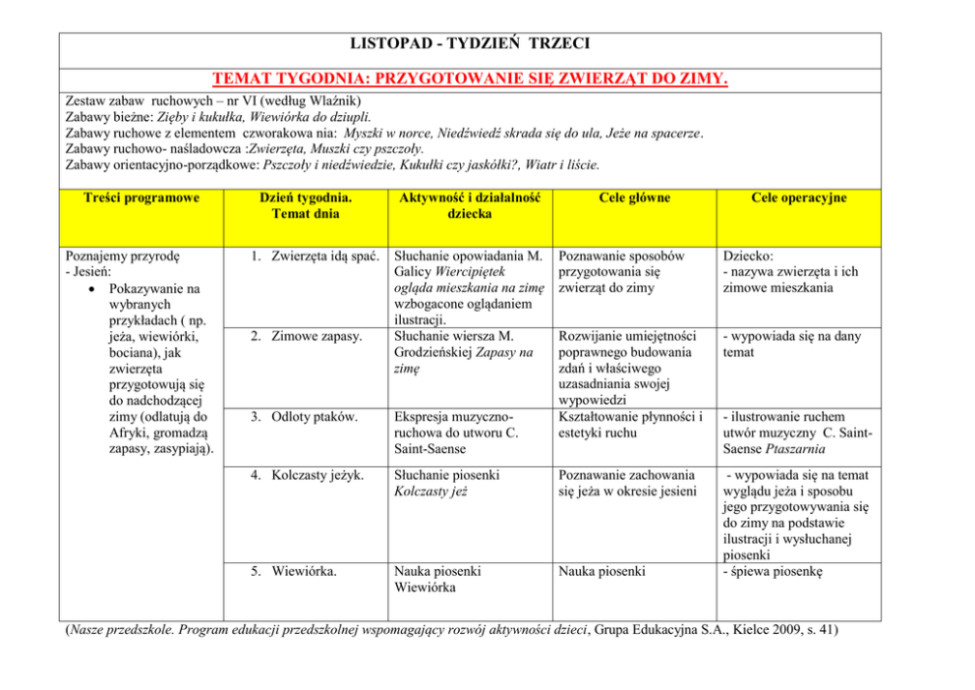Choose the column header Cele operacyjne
click(x=797, y=198)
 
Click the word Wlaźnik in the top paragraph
click(x=330, y=100)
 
